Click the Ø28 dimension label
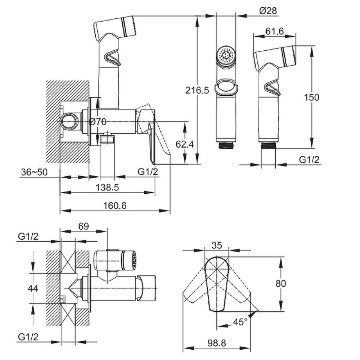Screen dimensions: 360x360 (x=268, y=11)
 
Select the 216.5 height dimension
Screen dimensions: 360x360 (x=196, y=90)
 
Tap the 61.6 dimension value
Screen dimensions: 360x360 (x=275, y=32)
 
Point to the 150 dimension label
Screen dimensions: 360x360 (x=311, y=97)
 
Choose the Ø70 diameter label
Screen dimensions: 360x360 (x=97, y=122)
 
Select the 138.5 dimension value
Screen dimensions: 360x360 (x=107, y=187)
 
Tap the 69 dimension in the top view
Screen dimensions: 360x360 (x=84, y=226)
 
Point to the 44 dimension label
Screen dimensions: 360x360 (x=33, y=288)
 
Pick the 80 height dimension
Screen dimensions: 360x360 (x=281, y=283)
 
